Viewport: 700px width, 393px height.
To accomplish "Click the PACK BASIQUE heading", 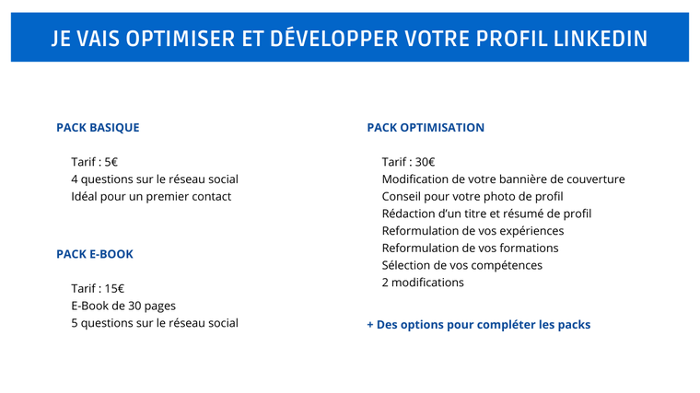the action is point(98,128).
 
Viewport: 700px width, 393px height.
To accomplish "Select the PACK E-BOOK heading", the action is point(95,254).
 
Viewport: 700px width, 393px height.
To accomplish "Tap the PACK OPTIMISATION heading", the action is point(426,128).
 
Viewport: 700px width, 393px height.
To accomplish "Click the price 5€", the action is point(111,162).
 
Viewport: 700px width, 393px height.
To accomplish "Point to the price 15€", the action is point(114,289).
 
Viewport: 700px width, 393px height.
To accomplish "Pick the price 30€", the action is point(425,162).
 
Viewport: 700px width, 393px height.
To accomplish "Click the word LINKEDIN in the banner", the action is point(601,39).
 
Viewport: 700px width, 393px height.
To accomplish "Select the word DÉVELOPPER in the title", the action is point(334,39).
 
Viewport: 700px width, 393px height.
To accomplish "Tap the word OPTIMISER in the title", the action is point(181,39).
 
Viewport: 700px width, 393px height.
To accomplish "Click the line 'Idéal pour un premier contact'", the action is point(151,197).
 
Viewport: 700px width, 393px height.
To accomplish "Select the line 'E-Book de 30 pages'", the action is point(123,306).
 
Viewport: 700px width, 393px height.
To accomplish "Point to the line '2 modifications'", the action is point(423,283).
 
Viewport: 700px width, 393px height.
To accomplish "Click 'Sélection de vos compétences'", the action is point(462,265).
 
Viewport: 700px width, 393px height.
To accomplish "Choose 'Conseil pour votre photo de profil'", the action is point(472,197).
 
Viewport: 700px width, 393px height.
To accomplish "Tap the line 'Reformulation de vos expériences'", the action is point(472,231).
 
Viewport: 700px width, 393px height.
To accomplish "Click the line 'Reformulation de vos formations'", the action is point(470,248).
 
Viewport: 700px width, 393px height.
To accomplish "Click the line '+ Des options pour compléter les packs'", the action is point(479,325).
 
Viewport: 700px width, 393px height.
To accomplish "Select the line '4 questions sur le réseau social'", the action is point(155,179).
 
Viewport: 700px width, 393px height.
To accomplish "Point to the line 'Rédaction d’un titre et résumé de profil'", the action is point(486,214).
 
